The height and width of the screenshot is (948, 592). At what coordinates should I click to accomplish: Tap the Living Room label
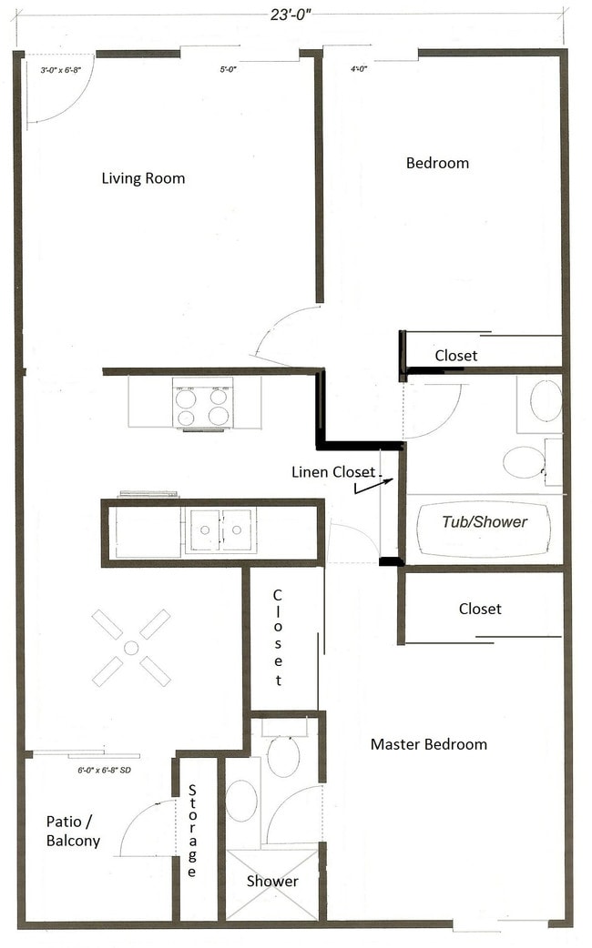point(143,178)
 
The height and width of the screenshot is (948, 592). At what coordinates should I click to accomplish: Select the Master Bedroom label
point(428,744)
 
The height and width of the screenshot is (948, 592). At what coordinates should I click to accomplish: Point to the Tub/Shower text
point(484,522)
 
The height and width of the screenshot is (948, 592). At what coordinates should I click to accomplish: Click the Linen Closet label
point(332,472)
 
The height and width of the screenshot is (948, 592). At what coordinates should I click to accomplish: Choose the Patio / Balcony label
point(73,832)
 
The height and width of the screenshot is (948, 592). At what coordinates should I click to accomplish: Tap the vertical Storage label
point(192,832)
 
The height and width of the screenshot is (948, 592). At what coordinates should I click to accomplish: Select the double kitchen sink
point(220,530)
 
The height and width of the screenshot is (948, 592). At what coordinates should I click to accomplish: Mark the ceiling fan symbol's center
point(131,648)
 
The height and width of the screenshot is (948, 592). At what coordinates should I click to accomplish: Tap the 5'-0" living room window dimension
point(230,69)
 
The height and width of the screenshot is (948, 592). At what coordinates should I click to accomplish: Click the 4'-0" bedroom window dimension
point(360,69)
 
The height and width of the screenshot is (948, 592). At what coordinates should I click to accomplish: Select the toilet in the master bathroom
point(282,753)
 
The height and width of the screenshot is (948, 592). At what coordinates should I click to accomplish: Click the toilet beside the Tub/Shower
point(525,461)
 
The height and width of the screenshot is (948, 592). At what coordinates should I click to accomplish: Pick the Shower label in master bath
point(272,882)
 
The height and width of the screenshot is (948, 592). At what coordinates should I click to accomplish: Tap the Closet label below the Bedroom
point(455,356)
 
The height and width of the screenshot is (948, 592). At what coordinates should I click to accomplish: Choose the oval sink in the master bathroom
point(241,801)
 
